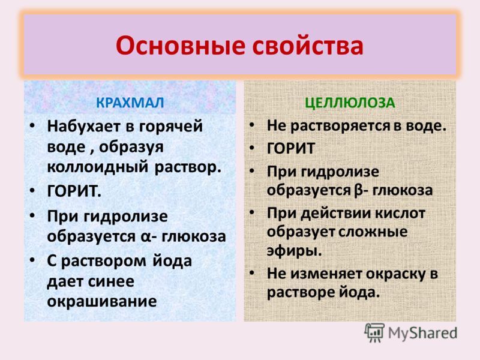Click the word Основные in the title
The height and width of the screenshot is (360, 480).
pos(181,46)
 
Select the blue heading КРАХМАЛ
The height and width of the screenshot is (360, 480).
pos(130,103)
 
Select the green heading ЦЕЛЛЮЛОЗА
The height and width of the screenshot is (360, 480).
pos(350,103)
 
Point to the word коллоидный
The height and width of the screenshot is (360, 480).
pos(98,167)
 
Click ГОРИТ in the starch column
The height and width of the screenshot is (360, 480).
pos(74,191)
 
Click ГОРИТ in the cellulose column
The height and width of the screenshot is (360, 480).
pos(291,149)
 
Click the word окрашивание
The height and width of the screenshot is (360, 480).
pos(102,302)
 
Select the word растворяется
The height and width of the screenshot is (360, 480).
pos(340,127)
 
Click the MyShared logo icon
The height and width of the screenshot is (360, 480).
pos(374,333)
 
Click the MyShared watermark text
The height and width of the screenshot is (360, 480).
pos(423,333)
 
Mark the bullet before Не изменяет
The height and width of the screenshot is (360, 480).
pos(251,272)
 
